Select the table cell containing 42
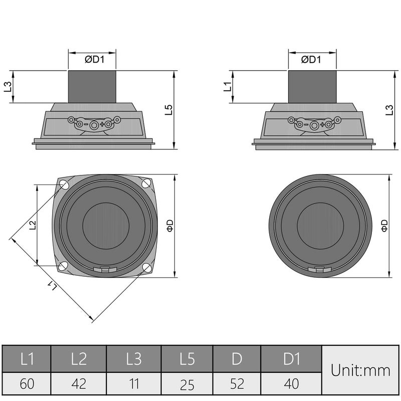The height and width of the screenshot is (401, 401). [79, 384]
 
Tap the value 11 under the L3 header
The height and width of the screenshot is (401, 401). [133, 384]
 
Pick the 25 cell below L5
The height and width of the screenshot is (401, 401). [187, 384]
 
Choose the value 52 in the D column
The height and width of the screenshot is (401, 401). [237, 384]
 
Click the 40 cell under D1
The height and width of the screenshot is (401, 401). [291, 384]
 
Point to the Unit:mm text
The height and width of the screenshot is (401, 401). [360, 371]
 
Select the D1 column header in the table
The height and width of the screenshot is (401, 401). [291, 359]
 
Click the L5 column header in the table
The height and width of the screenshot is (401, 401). [187, 359]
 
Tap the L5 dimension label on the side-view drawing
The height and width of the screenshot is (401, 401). [168, 110]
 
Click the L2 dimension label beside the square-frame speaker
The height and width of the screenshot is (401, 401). [32, 225]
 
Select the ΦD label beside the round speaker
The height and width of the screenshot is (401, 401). [384, 225]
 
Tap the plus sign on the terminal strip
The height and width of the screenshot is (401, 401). [103, 123]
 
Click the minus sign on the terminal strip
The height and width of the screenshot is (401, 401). [86, 123]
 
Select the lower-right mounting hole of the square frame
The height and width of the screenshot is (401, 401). [147, 268]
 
